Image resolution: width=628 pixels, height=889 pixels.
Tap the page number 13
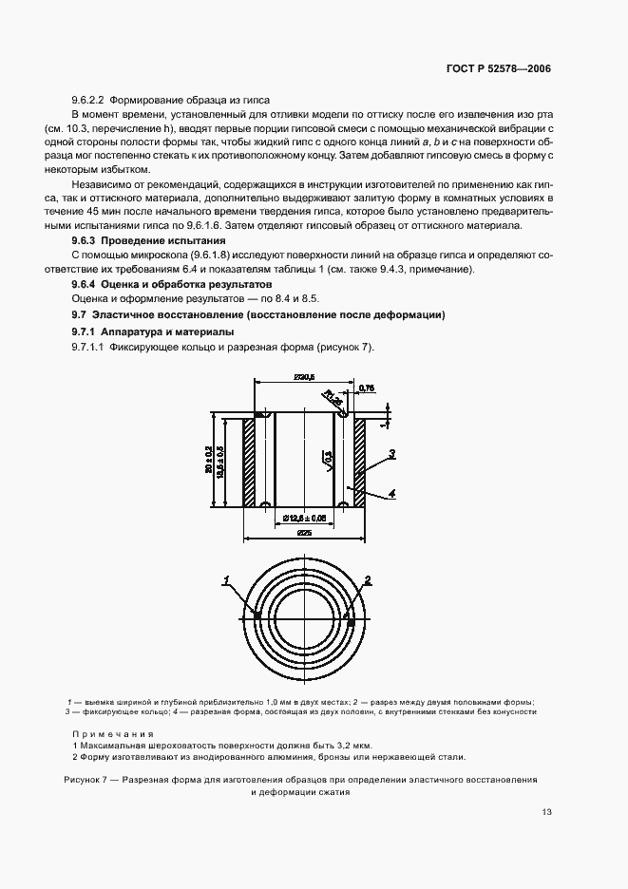pos(546,812)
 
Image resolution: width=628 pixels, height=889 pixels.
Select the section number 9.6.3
pos(87,242)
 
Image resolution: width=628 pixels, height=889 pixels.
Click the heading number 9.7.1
pos(88,331)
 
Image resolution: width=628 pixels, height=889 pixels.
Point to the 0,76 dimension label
pos(369,388)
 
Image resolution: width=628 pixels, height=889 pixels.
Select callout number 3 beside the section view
pos(390,453)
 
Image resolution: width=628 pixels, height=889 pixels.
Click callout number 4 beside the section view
pos(390,493)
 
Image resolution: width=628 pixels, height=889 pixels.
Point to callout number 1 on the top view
pos(226,578)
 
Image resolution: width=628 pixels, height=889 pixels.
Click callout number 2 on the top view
pos(368,578)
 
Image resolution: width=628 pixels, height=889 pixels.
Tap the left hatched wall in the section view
pos(249,461)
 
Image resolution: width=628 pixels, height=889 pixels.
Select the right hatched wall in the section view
pos(361,461)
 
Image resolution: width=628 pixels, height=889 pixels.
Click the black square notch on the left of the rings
pos(257,616)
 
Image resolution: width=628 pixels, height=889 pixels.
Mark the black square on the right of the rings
pos(348,616)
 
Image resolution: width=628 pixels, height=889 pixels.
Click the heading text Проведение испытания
pos(154,242)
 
